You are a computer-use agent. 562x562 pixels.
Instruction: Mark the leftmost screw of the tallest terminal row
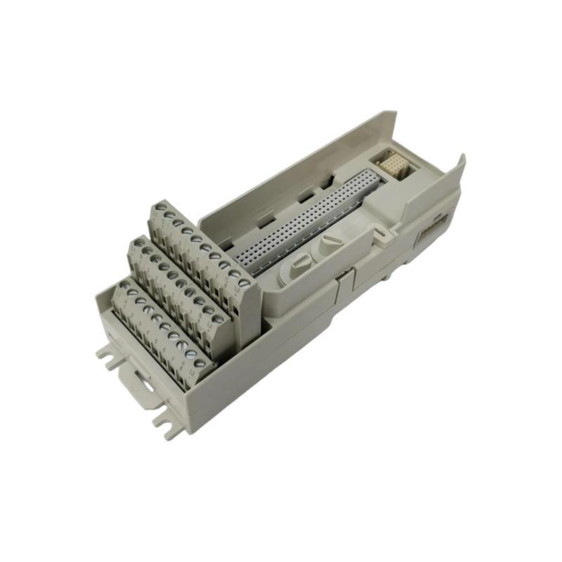pyautogui.click(x=161, y=208)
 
